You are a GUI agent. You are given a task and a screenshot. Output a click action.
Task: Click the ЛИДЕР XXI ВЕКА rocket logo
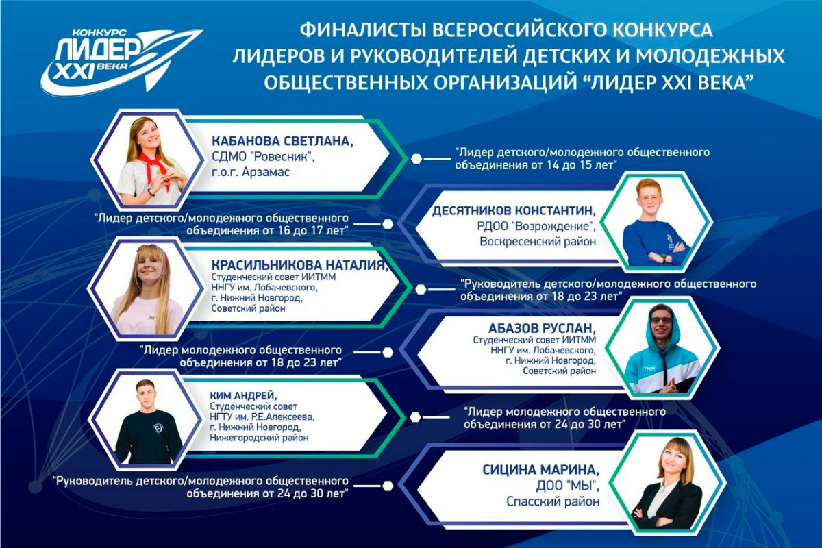point(121,59)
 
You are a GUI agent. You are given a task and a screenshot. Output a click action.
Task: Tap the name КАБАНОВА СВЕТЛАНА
point(282,141)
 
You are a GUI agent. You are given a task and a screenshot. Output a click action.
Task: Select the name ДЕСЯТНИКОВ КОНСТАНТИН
point(514,211)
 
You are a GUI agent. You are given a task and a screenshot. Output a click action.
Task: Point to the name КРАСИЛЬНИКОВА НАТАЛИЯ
point(299,265)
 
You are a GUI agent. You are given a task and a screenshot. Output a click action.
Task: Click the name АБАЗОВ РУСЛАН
point(543,327)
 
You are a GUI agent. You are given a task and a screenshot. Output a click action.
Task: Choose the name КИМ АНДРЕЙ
point(244,395)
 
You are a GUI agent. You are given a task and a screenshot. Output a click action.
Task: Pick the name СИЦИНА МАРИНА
point(541,469)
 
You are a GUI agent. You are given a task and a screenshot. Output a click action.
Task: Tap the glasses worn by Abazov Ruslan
point(662,320)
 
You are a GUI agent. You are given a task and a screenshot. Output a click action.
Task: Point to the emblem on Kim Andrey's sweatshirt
point(158,428)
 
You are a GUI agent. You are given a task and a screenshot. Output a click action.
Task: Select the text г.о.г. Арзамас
point(251,172)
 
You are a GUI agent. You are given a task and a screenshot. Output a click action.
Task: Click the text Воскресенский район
point(538,242)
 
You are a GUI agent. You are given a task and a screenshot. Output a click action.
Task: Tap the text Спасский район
point(553,501)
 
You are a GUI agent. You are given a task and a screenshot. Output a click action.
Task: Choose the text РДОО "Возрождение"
point(536,226)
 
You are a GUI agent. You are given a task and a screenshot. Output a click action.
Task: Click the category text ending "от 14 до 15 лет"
point(582,158)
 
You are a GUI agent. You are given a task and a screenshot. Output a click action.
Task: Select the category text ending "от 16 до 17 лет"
point(222,224)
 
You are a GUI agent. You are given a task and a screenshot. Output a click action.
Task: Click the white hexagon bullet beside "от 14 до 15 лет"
point(416,159)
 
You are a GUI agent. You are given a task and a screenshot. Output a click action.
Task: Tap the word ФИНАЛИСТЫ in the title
point(363,30)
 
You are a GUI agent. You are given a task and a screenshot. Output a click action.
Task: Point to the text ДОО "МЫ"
point(568,486)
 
